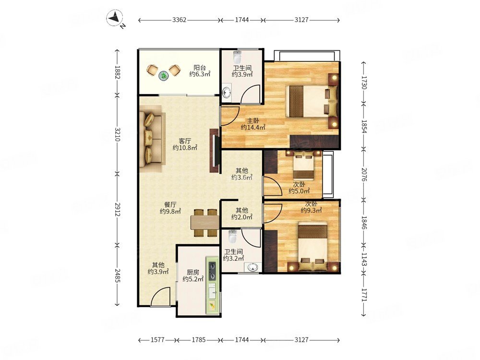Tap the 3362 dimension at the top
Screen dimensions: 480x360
click(179, 20)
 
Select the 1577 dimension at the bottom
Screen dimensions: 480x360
click(157, 340)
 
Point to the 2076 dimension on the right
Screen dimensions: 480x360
click(364, 174)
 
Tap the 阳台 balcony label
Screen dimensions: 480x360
click(200, 68)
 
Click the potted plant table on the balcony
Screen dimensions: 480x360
click(164, 75)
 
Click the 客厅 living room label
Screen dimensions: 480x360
click(185, 141)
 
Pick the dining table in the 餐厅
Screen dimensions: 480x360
click(205, 223)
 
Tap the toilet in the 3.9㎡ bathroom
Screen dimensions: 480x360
click(237, 56)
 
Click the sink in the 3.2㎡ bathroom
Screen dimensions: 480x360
click(253, 267)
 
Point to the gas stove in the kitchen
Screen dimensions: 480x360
click(212, 271)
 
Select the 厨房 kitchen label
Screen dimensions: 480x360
click(193, 272)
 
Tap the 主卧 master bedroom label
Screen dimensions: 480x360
click(253, 120)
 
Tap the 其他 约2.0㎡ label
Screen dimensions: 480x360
click(242, 214)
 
